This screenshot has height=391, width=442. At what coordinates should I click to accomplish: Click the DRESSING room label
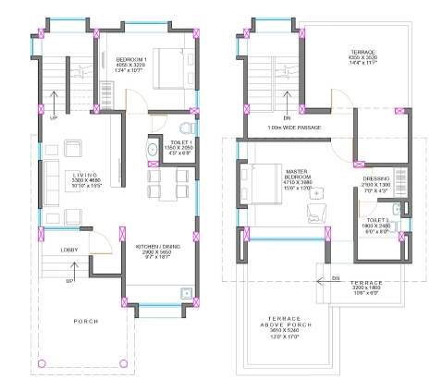(375, 179)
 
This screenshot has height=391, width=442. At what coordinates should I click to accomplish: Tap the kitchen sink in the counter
(187, 293)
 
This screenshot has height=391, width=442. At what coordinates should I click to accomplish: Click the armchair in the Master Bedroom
(314, 213)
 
